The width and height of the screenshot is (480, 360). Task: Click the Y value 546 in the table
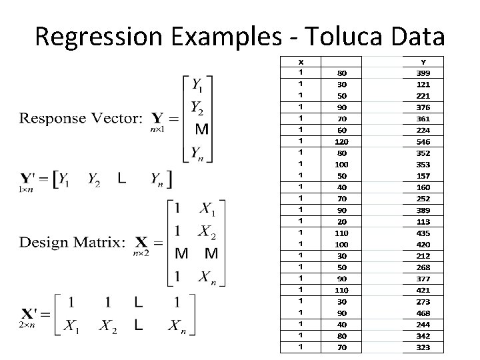coord(423,142)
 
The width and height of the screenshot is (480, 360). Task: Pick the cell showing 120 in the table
coord(341,142)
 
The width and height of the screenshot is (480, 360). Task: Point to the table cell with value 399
coord(423,73)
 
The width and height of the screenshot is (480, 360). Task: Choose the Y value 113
coord(423,222)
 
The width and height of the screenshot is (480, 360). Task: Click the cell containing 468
coord(423,313)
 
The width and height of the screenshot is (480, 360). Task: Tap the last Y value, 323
coord(423,347)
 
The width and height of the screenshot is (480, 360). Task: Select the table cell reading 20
coord(341,222)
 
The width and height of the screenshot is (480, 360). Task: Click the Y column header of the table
coord(423,61)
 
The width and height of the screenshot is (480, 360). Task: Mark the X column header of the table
coord(301,61)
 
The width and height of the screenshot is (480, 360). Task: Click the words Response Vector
coord(81,119)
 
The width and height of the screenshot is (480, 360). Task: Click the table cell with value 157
coord(423,176)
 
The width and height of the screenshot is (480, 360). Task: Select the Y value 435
coord(423,233)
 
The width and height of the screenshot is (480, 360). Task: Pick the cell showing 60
coord(341,131)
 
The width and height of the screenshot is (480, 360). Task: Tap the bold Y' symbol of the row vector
coord(28,179)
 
